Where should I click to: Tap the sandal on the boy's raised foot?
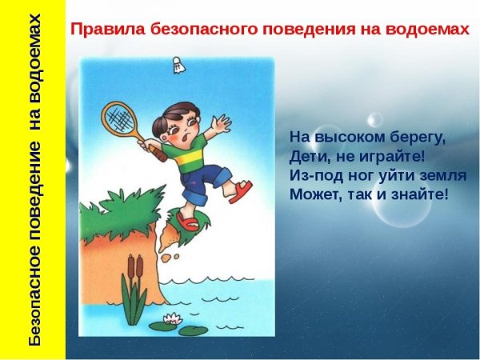pos(240,189)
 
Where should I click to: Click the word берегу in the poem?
pos(410,138)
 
